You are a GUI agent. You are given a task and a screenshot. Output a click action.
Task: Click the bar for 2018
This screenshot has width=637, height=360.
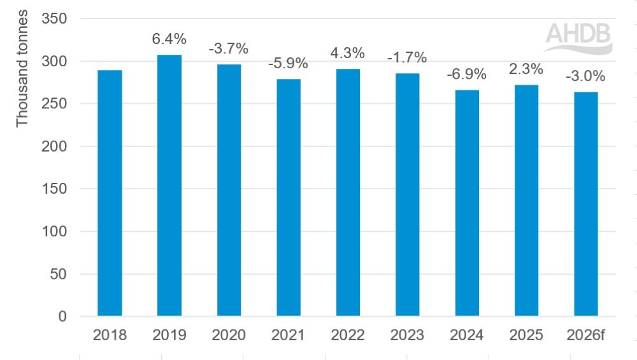coord(110,193)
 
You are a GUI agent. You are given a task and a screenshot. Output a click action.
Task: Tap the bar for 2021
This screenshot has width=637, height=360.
coord(288,198)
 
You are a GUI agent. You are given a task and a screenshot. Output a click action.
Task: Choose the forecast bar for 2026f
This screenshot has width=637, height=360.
coord(585,204)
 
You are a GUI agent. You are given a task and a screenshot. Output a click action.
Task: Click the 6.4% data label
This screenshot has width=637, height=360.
coord(169,40)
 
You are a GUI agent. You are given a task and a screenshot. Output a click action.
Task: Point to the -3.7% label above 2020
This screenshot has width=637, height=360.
coord(229,48)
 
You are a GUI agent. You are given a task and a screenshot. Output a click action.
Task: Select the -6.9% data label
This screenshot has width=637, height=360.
coord(466,75)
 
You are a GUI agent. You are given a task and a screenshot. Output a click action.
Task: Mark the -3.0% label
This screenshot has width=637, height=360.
coord(585,77)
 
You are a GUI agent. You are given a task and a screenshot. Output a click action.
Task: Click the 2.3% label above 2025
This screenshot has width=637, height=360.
coord(526,69)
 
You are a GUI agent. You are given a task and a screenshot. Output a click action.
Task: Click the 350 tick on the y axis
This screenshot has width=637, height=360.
coord(55,19)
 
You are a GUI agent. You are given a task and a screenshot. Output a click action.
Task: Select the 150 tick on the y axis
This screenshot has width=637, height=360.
coord(55,189)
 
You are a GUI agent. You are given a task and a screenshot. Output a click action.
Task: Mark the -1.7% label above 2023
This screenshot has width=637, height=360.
coord(407,57)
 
